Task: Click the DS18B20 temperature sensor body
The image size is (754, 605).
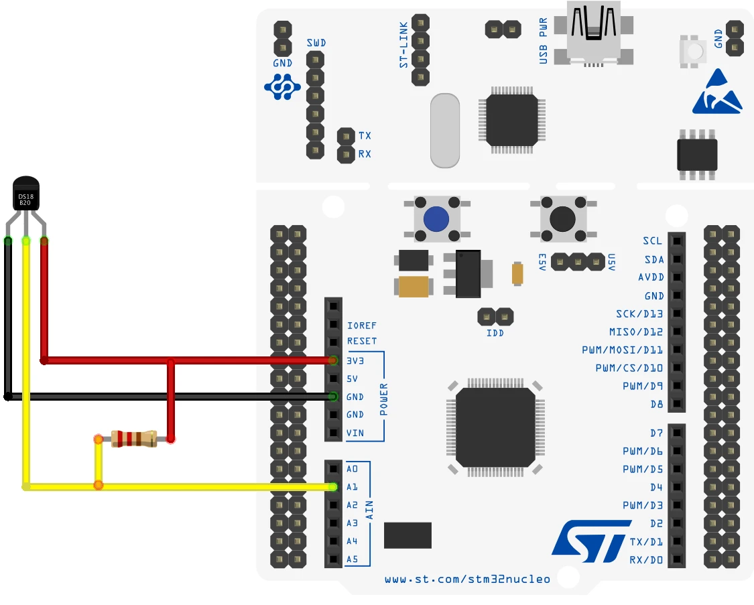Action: (x=26, y=194)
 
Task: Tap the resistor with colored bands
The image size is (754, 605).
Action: (x=134, y=439)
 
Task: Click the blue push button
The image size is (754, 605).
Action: (x=436, y=218)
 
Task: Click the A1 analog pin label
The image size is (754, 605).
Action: (x=353, y=487)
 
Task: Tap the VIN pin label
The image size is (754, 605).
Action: (x=355, y=433)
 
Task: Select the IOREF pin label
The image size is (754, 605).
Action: (x=362, y=326)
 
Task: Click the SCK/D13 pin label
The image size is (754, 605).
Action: (x=639, y=314)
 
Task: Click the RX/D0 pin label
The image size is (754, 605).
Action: (x=646, y=559)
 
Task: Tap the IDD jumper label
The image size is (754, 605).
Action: (x=495, y=332)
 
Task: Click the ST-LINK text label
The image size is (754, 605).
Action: (x=403, y=50)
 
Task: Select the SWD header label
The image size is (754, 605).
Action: (x=316, y=43)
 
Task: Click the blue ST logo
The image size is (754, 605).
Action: (x=591, y=541)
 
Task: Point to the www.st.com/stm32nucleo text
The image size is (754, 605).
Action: (x=467, y=579)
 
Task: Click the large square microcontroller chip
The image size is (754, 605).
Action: (x=495, y=427)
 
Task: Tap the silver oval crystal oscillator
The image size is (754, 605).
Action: (x=444, y=130)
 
